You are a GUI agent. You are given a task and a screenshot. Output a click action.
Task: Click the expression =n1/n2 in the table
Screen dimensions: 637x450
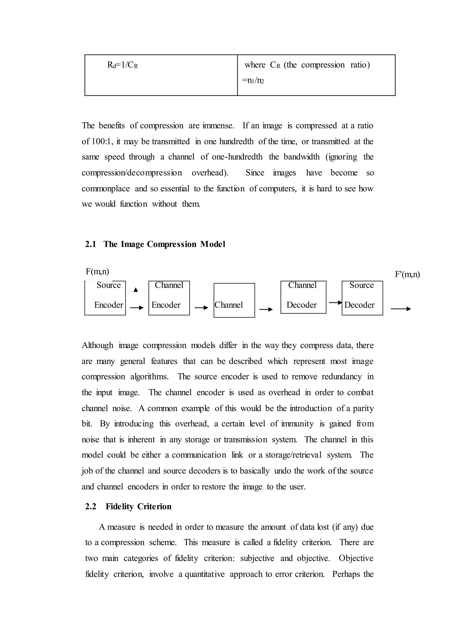[x=253, y=81]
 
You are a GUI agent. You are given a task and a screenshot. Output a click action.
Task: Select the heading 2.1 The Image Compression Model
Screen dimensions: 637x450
[x=155, y=244]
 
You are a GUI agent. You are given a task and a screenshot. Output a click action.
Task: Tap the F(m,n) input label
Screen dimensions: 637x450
[x=97, y=271]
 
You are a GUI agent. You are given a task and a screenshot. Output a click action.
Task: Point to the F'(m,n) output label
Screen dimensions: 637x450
[x=407, y=274]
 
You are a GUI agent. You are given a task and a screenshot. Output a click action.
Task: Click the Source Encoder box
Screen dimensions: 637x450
[x=105, y=298]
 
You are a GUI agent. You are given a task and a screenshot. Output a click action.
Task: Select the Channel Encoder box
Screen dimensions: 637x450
[x=169, y=298]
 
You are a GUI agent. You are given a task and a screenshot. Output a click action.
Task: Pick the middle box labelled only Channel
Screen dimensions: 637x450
[x=234, y=300]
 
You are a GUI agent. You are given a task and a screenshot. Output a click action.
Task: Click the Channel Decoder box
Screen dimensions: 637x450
[x=303, y=297]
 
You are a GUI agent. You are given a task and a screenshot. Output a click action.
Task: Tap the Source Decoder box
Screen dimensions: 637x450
[x=362, y=298]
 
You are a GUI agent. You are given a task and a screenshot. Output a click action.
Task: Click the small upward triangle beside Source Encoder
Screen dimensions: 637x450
[x=136, y=290]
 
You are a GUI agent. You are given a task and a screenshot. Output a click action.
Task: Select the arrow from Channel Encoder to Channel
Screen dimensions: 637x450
[x=201, y=308]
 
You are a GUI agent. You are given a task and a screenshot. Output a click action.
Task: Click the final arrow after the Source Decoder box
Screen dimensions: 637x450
[x=401, y=309]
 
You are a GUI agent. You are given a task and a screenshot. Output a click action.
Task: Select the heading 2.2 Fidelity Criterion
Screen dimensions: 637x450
[x=128, y=506]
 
